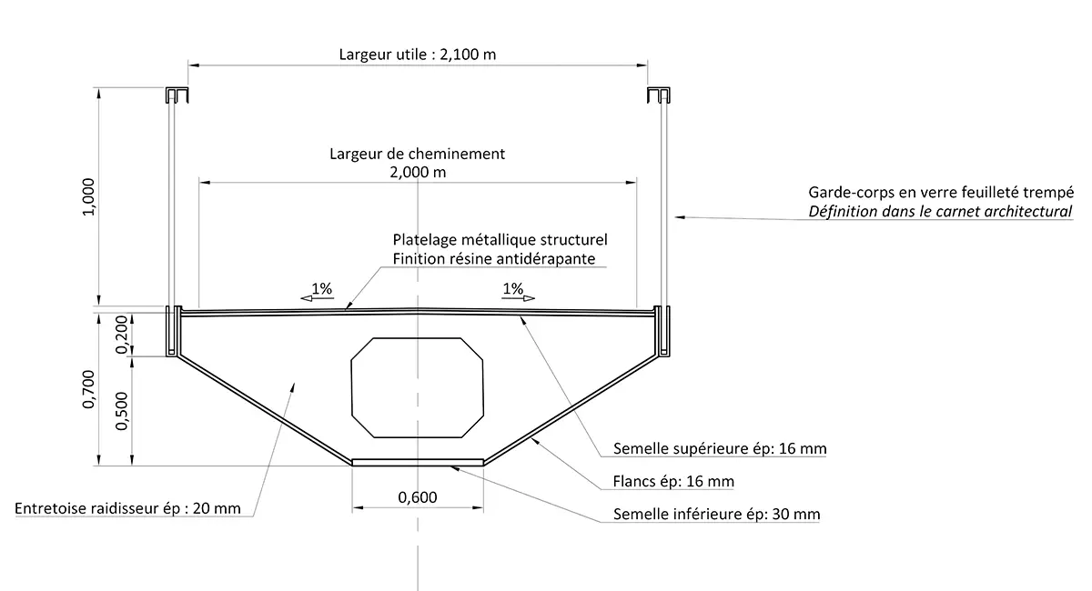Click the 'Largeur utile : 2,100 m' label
pyautogui.click(x=417, y=54)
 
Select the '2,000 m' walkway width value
pyautogui.click(x=417, y=172)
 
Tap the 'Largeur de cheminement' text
pyautogui.click(x=417, y=154)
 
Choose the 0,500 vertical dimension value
pyautogui.click(x=124, y=411)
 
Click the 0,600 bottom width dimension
pyautogui.click(x=418, y=496)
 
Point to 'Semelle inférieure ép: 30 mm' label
pyautogui.click(x=716, y=515)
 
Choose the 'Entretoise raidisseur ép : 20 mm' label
pyautogui.click(x=128, y=508)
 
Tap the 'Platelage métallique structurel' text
pyautogui.click(x=500, y=240)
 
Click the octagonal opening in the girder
pyautogui.click(x=417, y=386)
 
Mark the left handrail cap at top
pyautogui.click(x=177, y=95)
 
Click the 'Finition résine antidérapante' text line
pyautogui.click(x=494, y=259)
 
